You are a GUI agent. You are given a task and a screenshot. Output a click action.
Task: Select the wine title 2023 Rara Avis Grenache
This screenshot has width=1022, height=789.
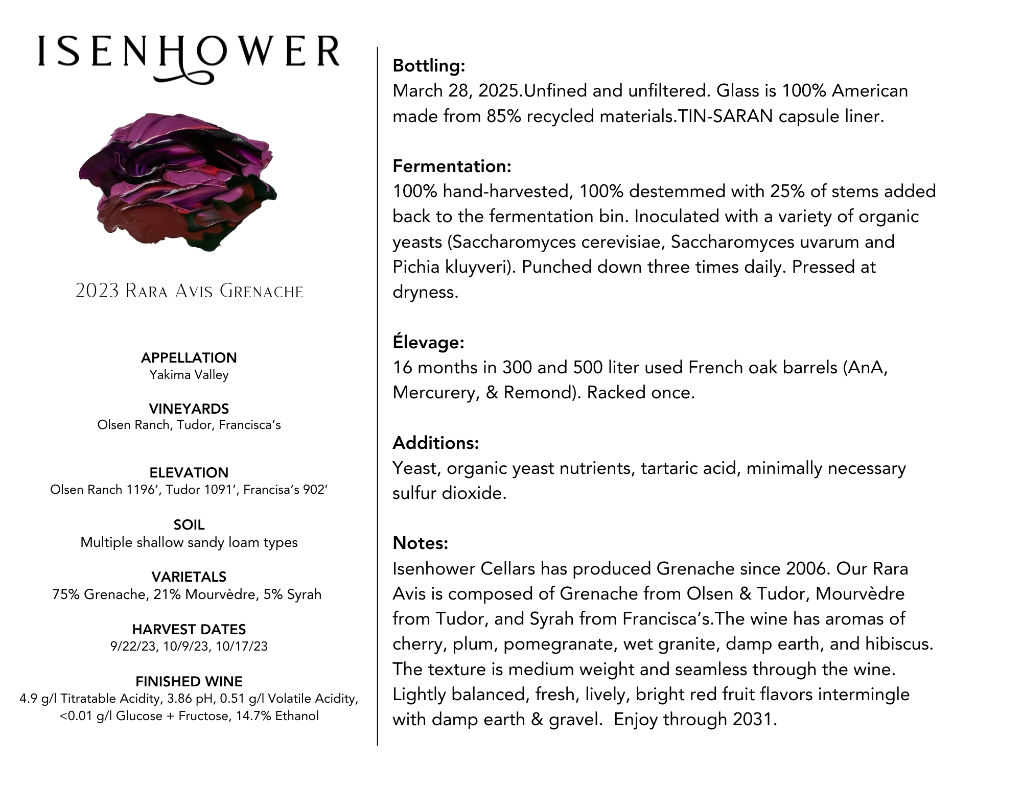click(x=189, y=292)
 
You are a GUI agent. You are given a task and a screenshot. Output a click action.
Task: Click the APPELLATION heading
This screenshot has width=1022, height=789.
click(x=189, y=357)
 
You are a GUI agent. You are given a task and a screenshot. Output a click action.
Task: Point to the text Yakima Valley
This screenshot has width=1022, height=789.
click(x=189, y=375)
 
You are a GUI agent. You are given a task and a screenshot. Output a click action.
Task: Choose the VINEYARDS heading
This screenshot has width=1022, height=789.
click(x=189, y=409)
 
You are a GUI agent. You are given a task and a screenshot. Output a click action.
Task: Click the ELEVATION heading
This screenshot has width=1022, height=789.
click(x=189, y=472)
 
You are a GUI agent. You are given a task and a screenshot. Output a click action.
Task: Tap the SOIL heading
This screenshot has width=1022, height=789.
click(x=189, y=524)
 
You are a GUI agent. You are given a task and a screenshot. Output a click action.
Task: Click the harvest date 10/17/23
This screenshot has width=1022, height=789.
click(x=242, y=647)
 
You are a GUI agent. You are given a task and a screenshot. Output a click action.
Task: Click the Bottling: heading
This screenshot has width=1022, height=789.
click(x=429, y=65)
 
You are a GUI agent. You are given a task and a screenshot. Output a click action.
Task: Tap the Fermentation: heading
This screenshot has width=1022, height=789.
click(x=452, y=166)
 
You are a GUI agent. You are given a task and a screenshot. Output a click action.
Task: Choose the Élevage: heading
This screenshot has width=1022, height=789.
click(x=428, y=342)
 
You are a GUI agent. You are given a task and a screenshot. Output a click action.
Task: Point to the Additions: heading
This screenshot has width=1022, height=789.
click(x=435, y=443)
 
